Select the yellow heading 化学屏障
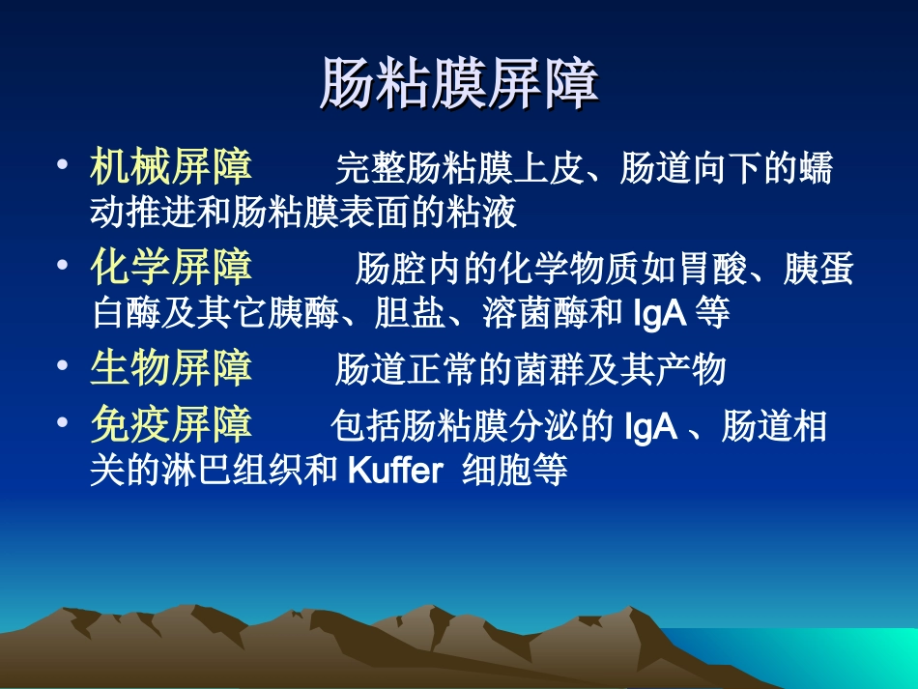172,267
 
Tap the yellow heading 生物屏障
172,367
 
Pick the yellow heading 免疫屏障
172,423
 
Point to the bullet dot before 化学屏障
64,264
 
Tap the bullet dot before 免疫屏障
64,421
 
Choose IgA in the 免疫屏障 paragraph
651,425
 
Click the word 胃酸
720,270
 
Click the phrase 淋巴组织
244,472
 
